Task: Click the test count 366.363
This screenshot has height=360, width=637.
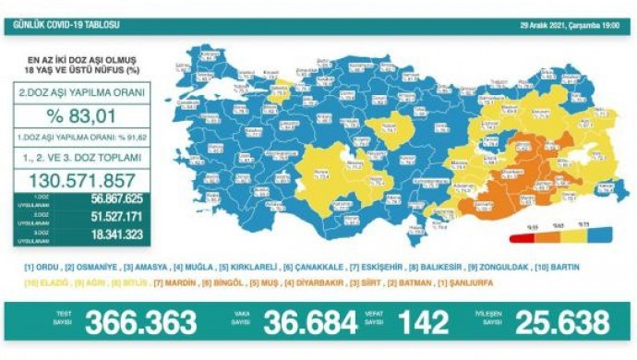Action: pyautogui.click(x=140, y=322)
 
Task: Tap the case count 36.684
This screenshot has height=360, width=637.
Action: pyautogui.click(x=310, y=322)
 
